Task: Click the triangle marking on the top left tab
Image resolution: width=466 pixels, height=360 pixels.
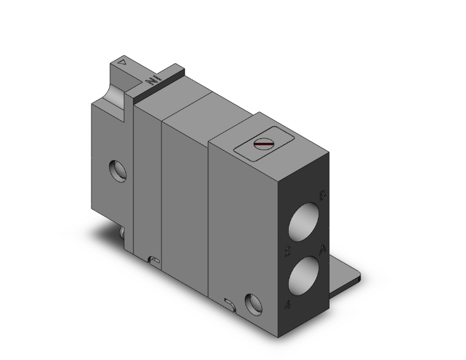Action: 123,63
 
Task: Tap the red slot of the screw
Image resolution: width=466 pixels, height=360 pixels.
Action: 264,145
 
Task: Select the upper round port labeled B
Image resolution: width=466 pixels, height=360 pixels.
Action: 306,222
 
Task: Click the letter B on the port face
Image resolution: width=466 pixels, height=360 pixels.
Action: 322,196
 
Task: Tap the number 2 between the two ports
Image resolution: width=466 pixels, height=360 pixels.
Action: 287,252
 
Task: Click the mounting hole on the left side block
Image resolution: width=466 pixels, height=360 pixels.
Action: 116,169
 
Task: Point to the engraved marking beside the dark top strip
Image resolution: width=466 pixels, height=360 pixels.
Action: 150,81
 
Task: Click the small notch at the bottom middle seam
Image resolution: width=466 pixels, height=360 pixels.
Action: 155,259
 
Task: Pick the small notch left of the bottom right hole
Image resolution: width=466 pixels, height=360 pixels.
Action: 229,304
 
